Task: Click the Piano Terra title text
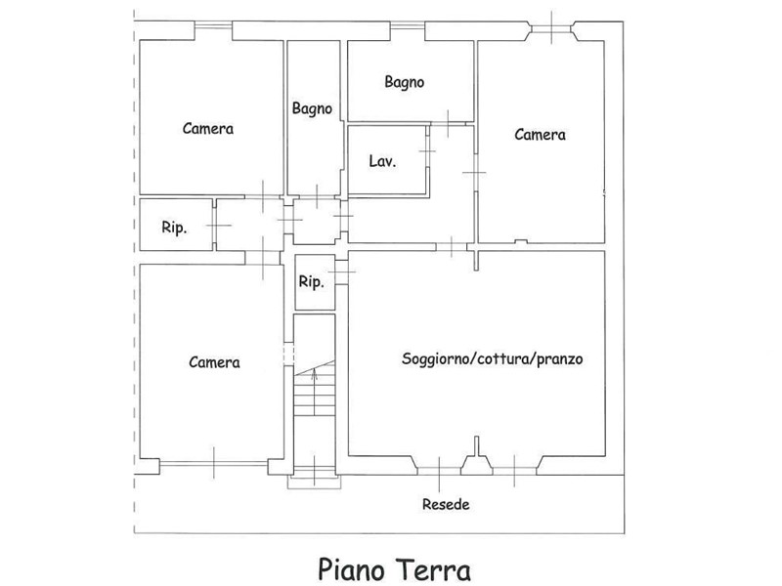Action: coord(394,569)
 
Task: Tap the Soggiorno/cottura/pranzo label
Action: coord(493,358)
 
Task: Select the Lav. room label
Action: coord(382,161)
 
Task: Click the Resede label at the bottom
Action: coord(446,504)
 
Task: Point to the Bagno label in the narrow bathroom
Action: coord(312,108)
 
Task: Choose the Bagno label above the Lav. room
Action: coord(405,82)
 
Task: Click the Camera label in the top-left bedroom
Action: coord(208,129)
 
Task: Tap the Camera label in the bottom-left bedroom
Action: coord(214,362)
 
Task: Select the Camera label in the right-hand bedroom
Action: coord(541,135)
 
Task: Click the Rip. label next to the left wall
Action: coord(174,228)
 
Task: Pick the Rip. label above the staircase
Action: coord(311,282)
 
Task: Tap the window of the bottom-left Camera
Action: coord(213,463)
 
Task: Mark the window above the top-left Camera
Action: coord(213,25)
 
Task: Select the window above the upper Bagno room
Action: coord(407,25)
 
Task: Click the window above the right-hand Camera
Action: coord(552,28)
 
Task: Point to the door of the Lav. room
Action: coord(427,151)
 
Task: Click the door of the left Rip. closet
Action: coord(215,226)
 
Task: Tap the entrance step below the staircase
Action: coord(314,481)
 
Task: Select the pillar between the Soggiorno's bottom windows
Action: coord(477,456)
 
